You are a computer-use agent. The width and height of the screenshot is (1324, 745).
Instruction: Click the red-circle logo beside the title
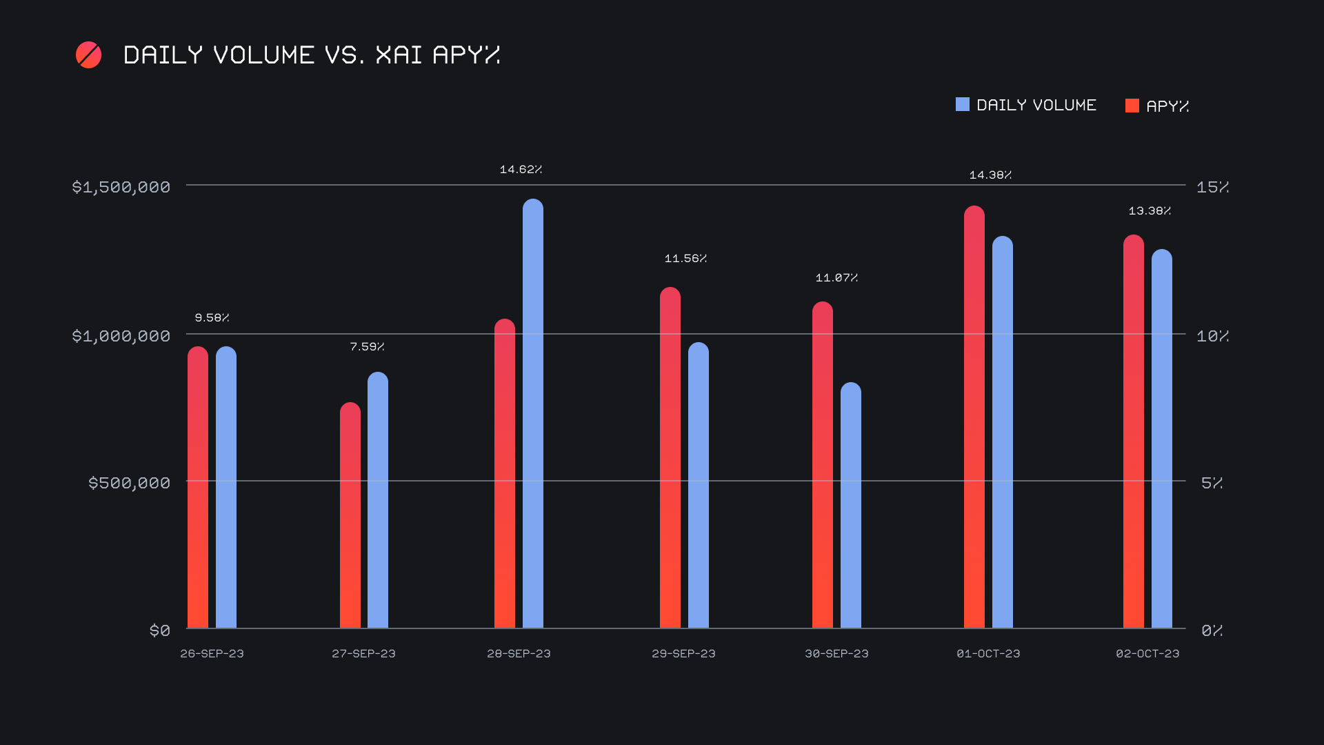click(88, 55)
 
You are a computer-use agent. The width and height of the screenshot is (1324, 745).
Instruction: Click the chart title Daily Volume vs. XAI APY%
click(311, 55)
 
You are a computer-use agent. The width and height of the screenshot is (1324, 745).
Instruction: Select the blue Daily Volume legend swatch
click(962, 105)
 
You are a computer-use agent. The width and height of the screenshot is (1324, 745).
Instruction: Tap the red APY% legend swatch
click(1132, 106)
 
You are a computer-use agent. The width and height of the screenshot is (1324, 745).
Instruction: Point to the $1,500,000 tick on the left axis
click(121, 187)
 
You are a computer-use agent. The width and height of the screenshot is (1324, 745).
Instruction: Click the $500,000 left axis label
click(129, 483)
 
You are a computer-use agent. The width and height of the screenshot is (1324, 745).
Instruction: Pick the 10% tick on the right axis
click(1212, 336)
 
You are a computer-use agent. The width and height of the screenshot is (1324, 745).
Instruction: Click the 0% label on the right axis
click(1212, 630)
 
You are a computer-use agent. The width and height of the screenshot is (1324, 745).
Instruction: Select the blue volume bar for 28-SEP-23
click(532, 414)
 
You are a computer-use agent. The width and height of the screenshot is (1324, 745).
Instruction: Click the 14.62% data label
click(521, 170)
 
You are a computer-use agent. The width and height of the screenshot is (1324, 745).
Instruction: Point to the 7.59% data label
click(367, 346)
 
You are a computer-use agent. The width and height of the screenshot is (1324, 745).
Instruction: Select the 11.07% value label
click(836, 278)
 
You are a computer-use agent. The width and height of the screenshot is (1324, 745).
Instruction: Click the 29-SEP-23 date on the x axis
click(683, 653)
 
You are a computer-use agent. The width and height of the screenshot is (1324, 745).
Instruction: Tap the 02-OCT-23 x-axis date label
click(1147, 653)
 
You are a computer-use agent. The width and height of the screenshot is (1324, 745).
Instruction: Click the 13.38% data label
click(1150, 211)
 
